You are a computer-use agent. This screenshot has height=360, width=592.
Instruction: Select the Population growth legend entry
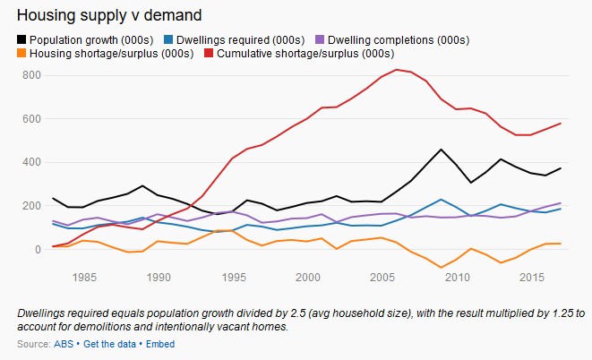pyautogui.click(x=81, y=39)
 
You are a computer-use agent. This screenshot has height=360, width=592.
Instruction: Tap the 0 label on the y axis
pyautogui.click(x=37, y=250)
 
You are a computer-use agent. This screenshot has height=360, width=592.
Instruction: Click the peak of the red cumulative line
pyautogui.click(x=395, y=70)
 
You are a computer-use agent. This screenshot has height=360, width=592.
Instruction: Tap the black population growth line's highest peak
pyautogui.click(x=441, y=150)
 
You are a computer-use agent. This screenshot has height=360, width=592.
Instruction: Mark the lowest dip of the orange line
pyautogui.click(x=441, y=267)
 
